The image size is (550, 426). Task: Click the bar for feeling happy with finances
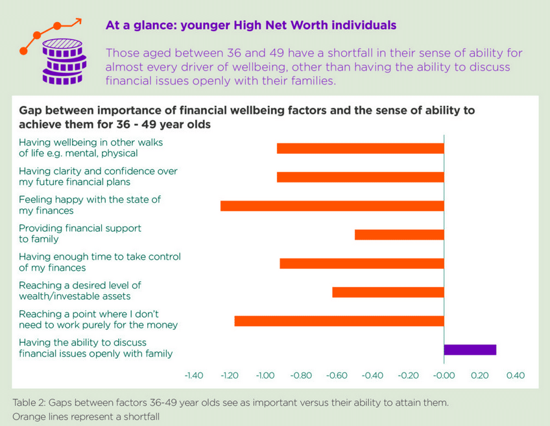click(332, 206)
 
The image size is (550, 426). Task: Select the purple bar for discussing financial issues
click(470, 349)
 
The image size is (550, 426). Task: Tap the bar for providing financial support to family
click(399, 234)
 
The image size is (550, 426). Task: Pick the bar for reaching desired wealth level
click(388, 292)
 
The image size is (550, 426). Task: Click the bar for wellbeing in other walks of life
click(360, 149)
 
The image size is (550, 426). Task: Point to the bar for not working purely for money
click(339, 321)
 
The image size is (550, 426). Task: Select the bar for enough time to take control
click(362, 263)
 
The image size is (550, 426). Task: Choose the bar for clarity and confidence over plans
click(360, 177)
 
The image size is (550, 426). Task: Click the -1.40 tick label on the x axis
click(194, 375)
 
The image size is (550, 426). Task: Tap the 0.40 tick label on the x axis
click(515, 375)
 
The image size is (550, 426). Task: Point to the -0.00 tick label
click(444, 375)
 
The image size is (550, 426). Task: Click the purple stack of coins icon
click(63, 62)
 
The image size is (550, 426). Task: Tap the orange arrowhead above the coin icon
click(78, 21)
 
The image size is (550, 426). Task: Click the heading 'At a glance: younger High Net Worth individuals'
click(250, 26)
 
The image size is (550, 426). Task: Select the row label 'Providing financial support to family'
click(80, 234)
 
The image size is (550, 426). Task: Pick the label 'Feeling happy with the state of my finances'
click(90, 205)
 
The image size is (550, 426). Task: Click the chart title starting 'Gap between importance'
click(246, 118)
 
